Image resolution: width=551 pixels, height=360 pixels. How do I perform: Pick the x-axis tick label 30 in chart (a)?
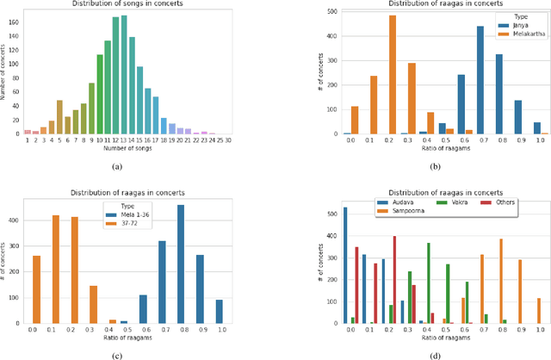click(227, 140)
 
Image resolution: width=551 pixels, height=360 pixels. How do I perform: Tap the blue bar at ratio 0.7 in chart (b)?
click(480, 80)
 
